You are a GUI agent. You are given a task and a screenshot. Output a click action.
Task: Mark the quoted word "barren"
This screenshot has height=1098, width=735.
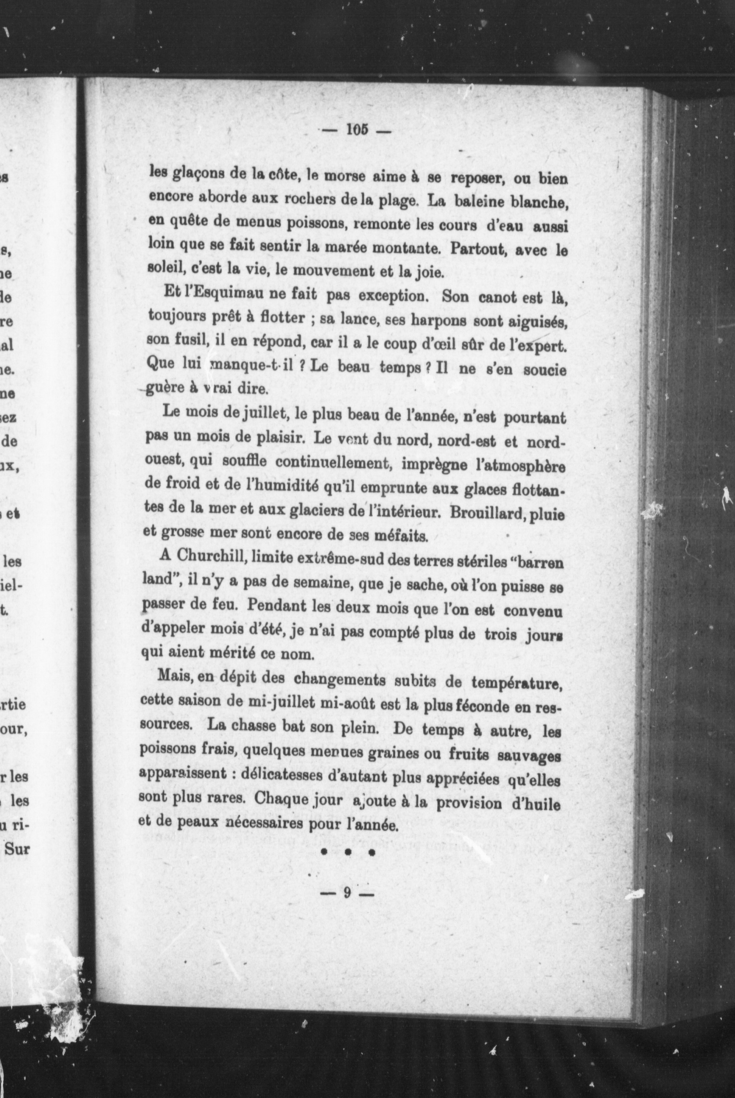click(x=539, y=561)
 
